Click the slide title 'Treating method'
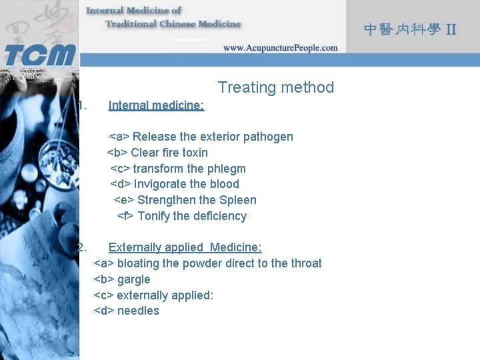pyautogui.click(x=275, y=87)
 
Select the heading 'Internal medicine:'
pyautogui.click(x=156, y=105)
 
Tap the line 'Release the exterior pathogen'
pyautogui.click(x=201, y=137)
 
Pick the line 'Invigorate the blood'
pyautogui.click(x=175, y=184)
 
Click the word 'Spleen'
pyautogui.click(x=238, y=200)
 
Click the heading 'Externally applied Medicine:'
pyautogui.click(x=185, y=247)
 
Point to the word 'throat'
pyautogui.click(x=306, y=263)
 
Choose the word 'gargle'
pyautogui.click(x=133, y=279)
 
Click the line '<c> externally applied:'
pyautogui.click(x=153, y=295)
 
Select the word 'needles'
pyautogui.click(x=138, y=311)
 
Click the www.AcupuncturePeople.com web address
pyautogui.click(x=280, y=47)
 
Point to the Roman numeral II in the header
pyautogui.click(x=451, y=29)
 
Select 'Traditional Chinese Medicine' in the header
pyautogui.click(x=173, y=24)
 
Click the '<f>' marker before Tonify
pyautogui.click(x=125, y=216)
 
